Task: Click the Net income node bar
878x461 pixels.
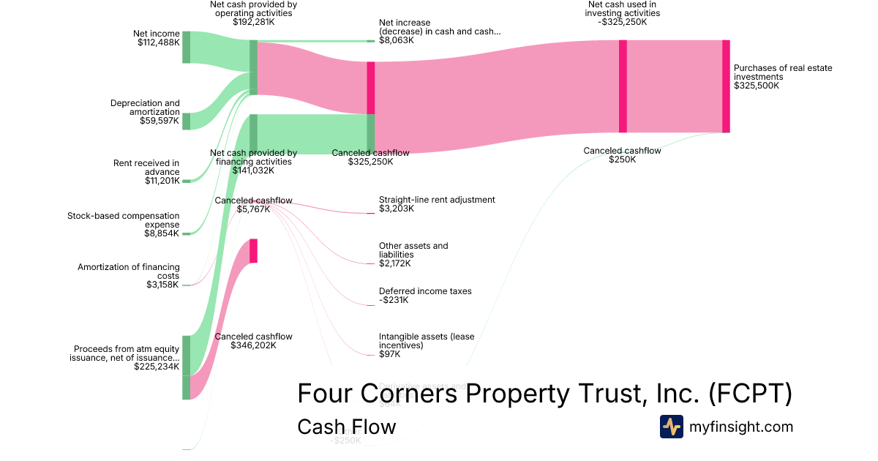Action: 186,47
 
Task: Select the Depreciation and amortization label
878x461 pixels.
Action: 145,108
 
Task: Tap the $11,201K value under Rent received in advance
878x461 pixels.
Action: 162,181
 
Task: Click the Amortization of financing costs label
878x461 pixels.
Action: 129,271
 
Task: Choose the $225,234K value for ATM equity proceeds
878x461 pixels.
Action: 157,367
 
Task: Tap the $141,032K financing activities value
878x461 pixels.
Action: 253,170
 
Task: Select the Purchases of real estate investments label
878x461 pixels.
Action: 783,72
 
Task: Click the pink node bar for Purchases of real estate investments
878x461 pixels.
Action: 726,86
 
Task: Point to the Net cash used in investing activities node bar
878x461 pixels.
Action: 623,86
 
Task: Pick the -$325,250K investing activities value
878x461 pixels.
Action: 623,22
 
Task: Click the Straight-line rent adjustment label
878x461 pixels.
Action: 437,199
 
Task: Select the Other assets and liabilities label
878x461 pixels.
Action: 413,250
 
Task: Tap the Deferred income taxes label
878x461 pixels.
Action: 425,291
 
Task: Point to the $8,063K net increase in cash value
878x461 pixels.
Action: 397,41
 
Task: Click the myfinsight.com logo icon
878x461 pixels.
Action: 672,427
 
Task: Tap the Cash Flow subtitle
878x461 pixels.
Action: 346,427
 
